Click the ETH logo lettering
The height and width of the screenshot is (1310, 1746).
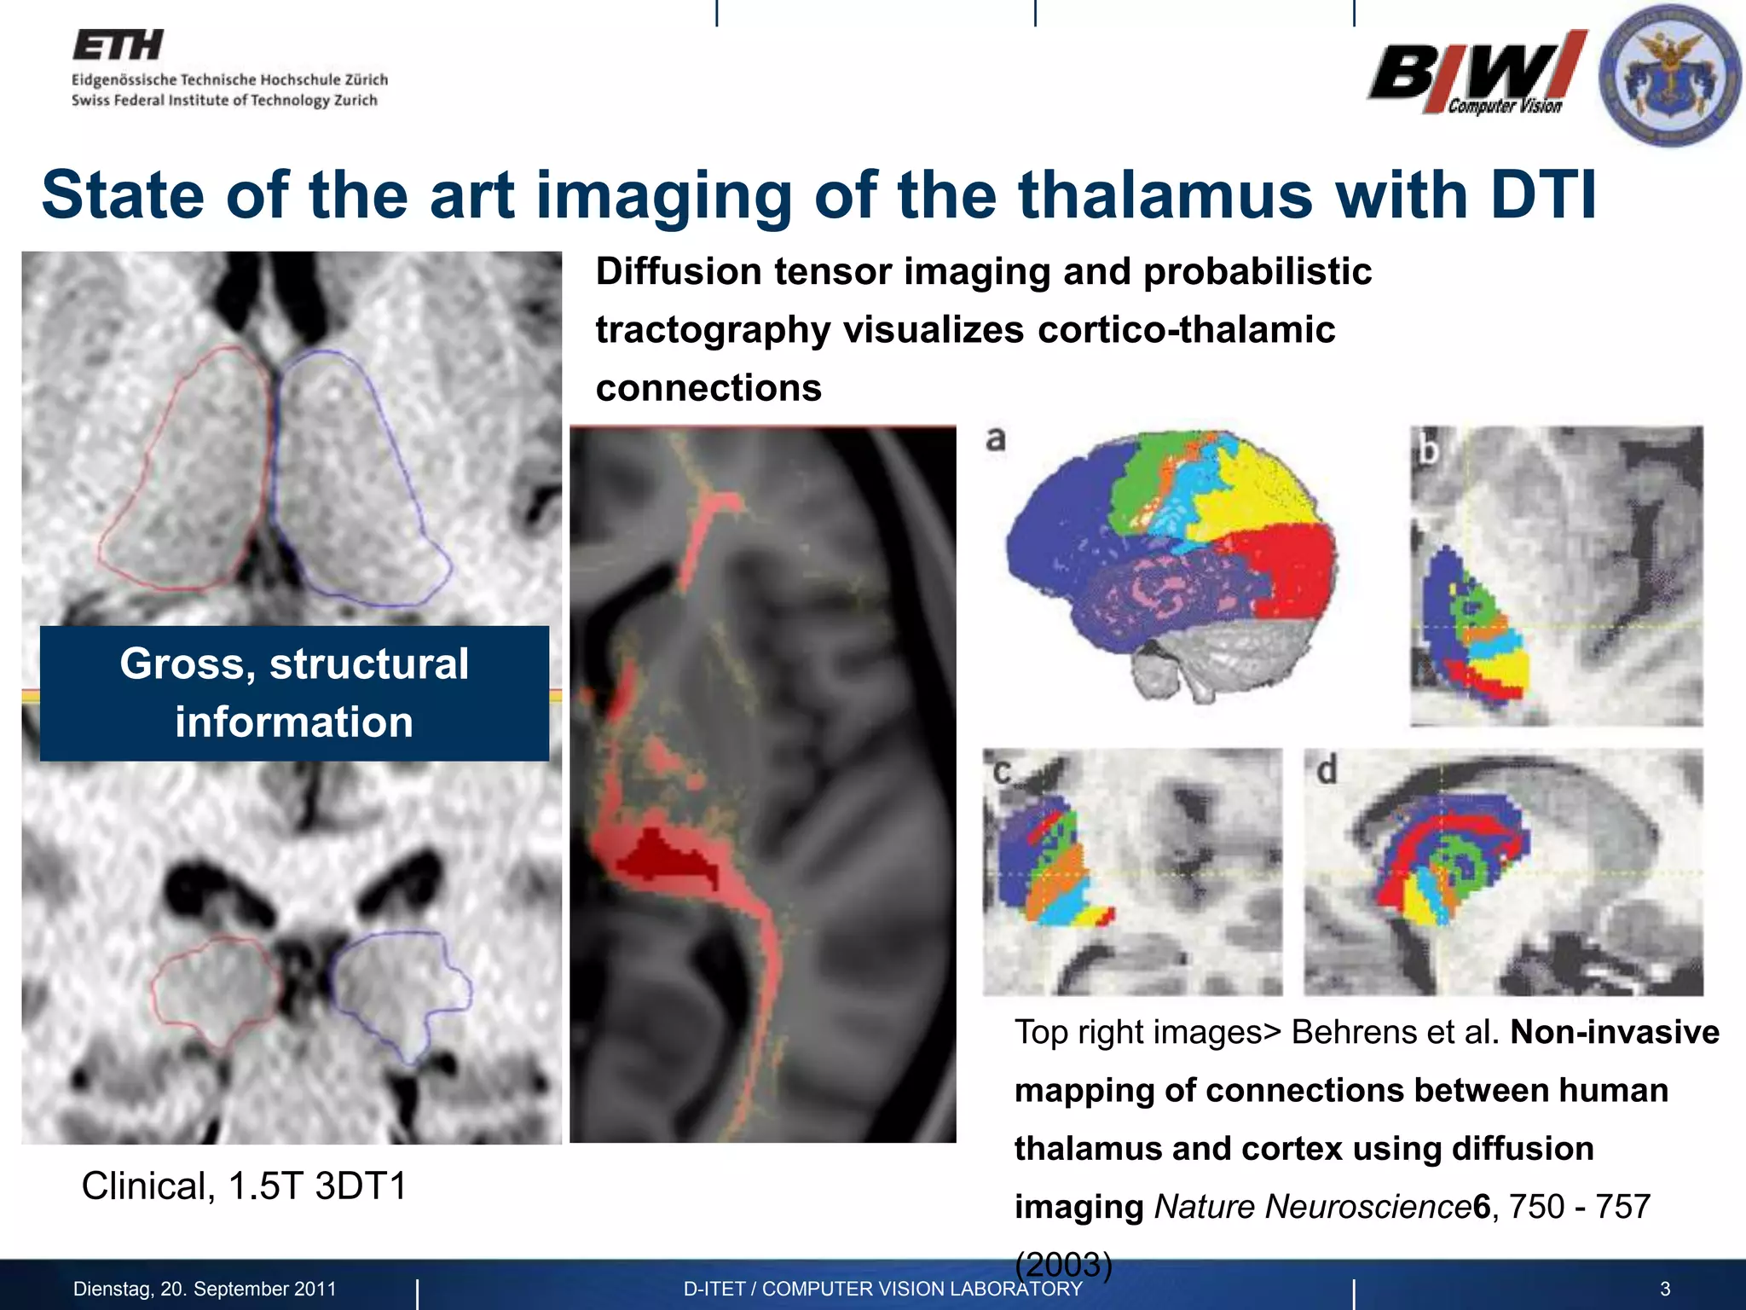[x=118, y=45]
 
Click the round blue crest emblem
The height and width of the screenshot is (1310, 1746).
[x=1668, y=75]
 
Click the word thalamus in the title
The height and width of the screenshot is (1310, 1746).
[x=1165, y=195]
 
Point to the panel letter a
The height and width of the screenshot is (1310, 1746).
[x=996, y=439]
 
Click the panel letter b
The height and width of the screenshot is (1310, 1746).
[x=1428, y=449]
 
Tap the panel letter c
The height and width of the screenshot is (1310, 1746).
[x=1002, y=772]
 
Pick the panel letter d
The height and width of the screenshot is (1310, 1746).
[x=1327, y=770]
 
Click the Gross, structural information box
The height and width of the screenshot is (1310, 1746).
[x=294, y=693]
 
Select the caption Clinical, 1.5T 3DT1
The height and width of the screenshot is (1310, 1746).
[x=244, y=1185]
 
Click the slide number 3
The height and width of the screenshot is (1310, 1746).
[x=1665, y=1289]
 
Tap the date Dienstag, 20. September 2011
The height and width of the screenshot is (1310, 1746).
[x=205, y=1289]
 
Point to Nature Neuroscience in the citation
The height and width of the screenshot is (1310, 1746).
[x=1312, y=1207]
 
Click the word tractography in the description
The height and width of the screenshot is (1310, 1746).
[x=712, y=330]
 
